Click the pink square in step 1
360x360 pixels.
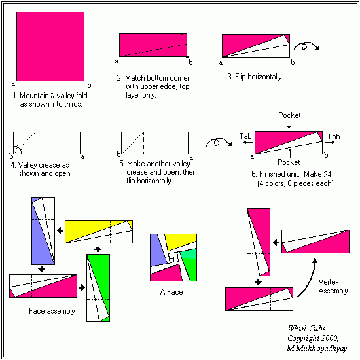[x=50, y=46]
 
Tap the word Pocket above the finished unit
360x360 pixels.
[x=289, y=115]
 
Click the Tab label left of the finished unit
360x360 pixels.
[x=245, y=136]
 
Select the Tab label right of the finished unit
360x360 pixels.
[x=334, y=137]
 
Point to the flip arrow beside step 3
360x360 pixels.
[x=306, y=46]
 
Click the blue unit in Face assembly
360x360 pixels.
[x=43, y=231]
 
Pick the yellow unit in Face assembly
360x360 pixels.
[x=99, y=232]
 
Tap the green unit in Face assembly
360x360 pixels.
[x=98, y=288]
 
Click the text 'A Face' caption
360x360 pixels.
[x=171, y=292]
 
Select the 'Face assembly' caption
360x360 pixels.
[x=52, y=311]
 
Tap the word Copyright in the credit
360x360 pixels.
[x=300, y=338]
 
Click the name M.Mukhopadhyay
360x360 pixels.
[x=317, y=349]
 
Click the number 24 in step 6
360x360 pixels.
[x=327, y=175]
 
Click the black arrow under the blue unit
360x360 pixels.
[x=41, y=269]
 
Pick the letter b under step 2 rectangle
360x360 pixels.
[x=190, y=62]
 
